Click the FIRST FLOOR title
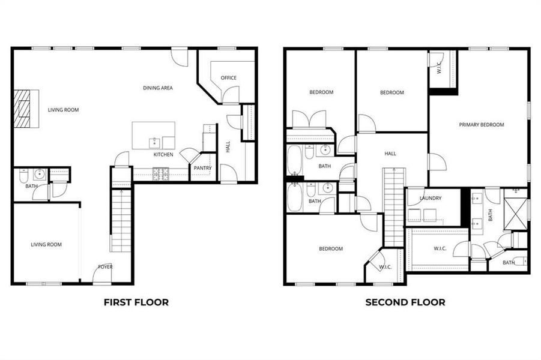tap(136, 302)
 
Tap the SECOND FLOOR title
tap(405, 302)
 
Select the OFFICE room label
tap(228, 78)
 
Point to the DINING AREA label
tap(158, 88)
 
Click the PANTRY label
tap(202, 168)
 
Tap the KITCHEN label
tap(163, 155)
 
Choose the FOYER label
tap(106, 267)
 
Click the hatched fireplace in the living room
tap(26, 109)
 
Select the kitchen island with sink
tap(154, 136)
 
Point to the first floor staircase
tap(121, 219)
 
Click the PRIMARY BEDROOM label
tap(481, 125)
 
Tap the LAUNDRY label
tap(431, 199)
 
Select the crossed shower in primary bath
tap(515, 210)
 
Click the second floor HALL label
tap(390, 154)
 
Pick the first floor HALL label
tap(228, 146)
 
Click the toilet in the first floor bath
tap(24, 176)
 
